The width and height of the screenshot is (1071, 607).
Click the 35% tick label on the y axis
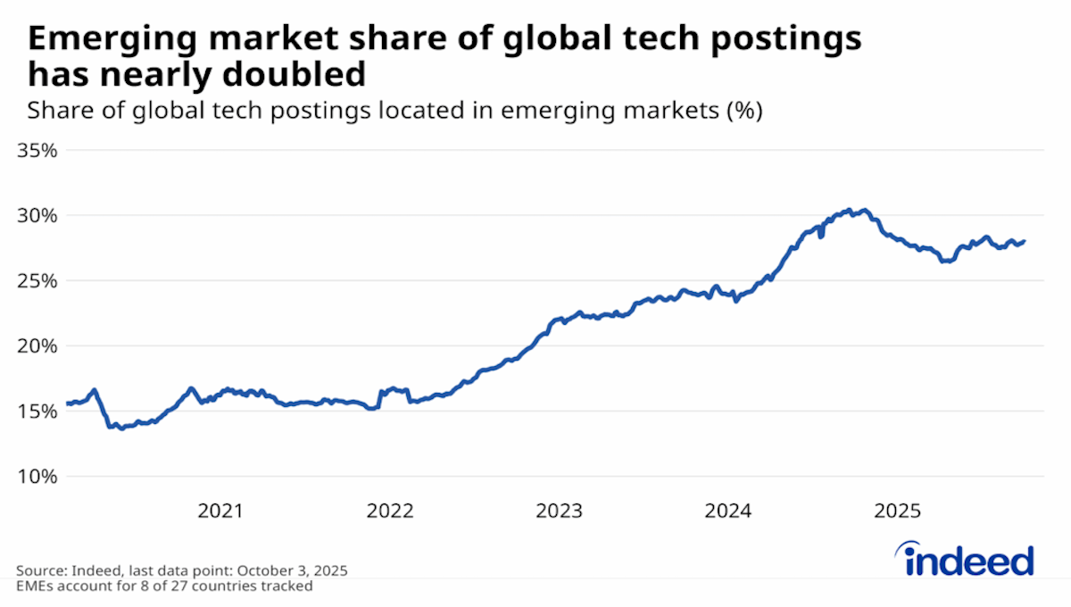click(37, 150)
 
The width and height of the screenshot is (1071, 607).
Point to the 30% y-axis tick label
click(37, 215)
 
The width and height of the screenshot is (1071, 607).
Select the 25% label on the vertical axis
click(37, 280)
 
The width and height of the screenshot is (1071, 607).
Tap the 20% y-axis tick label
click(37, 345)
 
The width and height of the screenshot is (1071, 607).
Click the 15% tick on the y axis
click(37, 411)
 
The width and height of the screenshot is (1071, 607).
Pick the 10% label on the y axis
click(37, 476)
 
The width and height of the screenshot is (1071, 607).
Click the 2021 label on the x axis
click(220, 511)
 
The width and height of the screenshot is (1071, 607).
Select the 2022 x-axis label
click(389, 511)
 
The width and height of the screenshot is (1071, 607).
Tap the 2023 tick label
click(559, 511)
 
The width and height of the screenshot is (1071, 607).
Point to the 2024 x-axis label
click(728, 511)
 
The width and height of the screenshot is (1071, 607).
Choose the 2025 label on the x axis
click(897, 511)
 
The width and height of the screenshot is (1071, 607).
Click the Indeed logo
click(967, 561)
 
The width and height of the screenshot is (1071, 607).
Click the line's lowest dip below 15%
click(121, 428)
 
